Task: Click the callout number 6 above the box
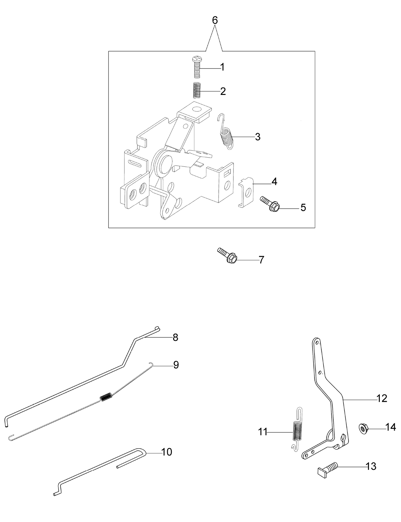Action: click(215, 21)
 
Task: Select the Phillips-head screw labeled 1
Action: click(197, 67)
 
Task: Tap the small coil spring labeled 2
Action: click(197, 90)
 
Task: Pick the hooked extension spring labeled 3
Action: click(225, 132)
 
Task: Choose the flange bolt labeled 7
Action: click(227, 255)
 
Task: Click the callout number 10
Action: click(167, 452)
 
